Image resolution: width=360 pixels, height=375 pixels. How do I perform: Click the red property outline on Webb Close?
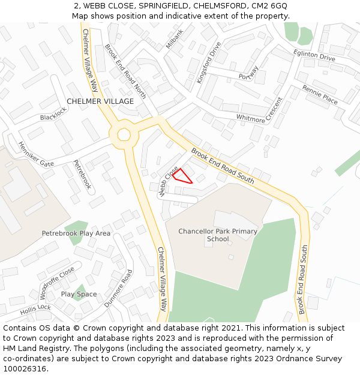[182, 176]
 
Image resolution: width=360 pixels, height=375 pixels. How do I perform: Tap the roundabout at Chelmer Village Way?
[124, 134]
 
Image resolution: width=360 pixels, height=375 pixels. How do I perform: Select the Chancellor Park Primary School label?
[218, 235]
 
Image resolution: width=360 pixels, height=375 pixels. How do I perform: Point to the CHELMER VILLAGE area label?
[100, 101]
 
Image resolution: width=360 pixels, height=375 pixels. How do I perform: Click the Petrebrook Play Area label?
[76, 233]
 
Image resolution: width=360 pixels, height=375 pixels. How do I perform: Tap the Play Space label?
[79, 294]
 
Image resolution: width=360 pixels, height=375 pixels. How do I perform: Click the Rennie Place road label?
[320, 94]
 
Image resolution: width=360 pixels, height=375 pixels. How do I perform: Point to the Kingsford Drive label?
[209, 62]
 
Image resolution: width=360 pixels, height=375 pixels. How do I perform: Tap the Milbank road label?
[175, 39]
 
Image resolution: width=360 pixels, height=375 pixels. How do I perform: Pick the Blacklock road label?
[53, 113]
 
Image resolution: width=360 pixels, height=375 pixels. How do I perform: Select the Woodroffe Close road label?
[57, 283]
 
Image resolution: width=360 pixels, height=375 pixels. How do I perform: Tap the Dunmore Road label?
[118, 289]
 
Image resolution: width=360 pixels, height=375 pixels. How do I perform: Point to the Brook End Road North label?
[125, 71]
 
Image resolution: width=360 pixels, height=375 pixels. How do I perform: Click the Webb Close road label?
[168, 181]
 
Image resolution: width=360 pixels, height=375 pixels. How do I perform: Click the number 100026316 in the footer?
[24, 369]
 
